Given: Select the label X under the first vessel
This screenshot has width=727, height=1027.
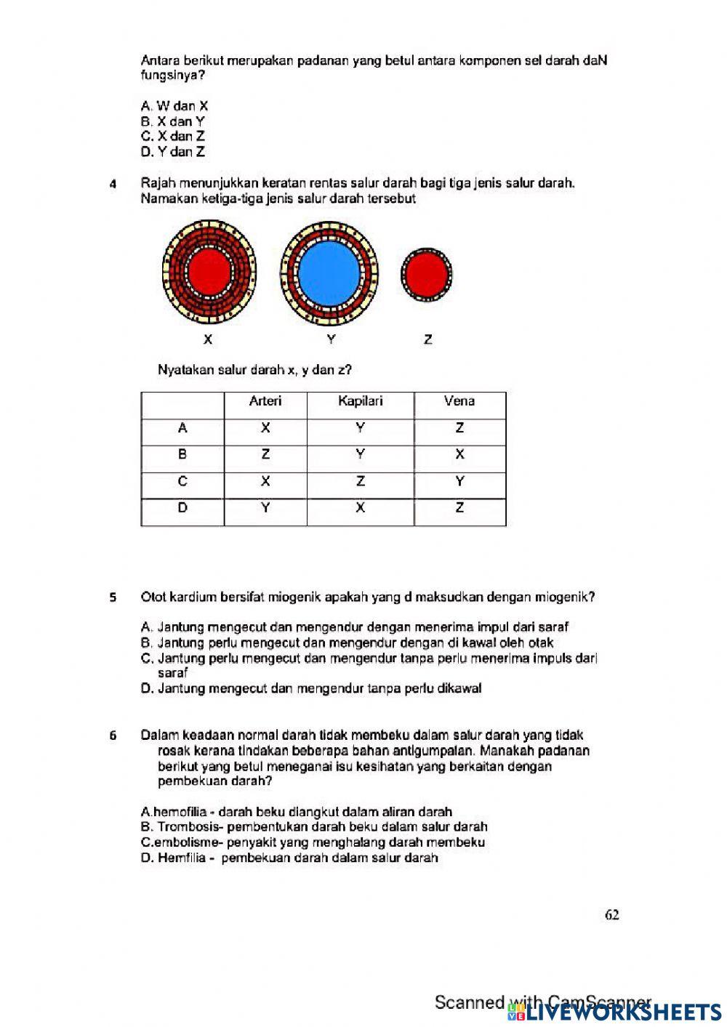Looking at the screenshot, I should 208,339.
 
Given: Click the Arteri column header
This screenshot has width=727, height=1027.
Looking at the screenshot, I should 265,401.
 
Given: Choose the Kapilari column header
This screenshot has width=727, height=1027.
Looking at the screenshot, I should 360,401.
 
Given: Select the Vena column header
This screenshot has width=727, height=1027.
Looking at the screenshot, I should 459,401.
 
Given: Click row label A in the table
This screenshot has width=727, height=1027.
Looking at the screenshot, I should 182,428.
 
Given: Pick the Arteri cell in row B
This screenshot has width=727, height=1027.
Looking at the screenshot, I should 265,455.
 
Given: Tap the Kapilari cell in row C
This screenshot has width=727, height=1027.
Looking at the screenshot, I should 360,481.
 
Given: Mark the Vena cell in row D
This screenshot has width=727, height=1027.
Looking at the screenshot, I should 459,508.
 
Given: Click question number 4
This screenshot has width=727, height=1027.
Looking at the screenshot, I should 113,184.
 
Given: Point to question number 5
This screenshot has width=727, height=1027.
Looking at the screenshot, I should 113,598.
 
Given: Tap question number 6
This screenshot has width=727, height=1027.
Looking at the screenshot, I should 113,736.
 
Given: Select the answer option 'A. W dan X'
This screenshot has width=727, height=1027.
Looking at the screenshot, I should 174,106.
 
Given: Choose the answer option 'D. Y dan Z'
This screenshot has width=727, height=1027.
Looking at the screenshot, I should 173,152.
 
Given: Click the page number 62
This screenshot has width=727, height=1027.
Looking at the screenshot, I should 611,915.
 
